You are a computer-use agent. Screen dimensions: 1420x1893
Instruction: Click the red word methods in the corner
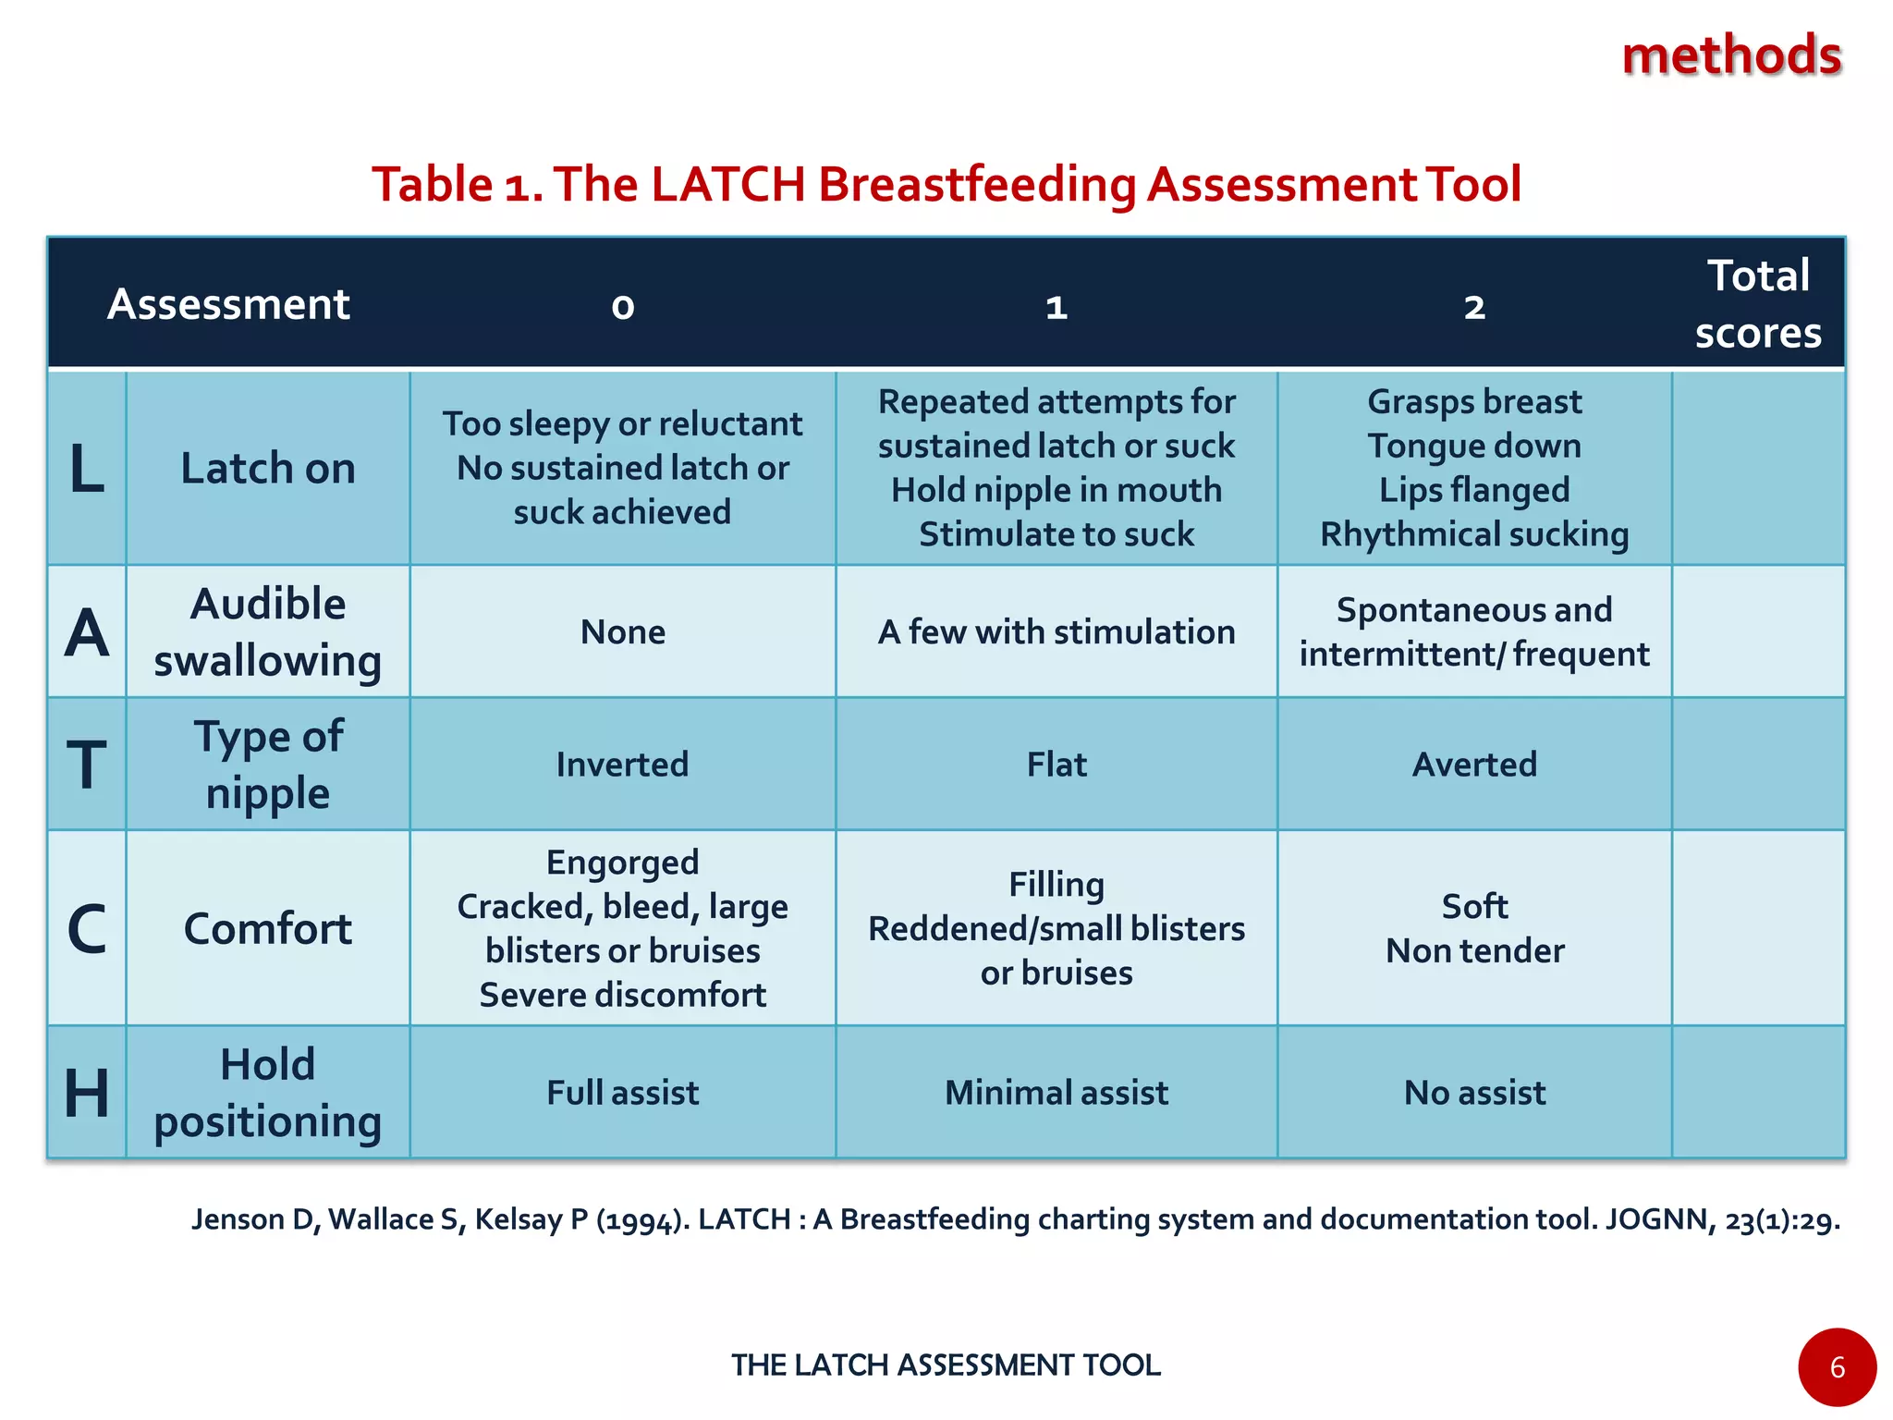[x=1731, y=55]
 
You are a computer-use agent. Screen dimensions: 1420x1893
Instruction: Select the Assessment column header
[x=228, y=304]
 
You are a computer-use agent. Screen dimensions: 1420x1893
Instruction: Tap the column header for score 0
[x=623, y=306]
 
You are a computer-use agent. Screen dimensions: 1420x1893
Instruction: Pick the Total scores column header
[x=1758, y=304]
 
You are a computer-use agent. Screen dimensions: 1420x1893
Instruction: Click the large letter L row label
[x=87, y=469]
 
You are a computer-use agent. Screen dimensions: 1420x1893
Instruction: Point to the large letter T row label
[x=87, y=765]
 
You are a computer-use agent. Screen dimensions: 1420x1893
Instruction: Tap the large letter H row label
[x=87, y=1093]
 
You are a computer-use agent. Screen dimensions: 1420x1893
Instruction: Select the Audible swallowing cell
[x=267, y=632]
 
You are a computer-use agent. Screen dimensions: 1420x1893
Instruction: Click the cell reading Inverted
[x=623, y=765]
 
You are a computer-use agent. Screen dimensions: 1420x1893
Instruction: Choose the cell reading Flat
[x=1056, y=765]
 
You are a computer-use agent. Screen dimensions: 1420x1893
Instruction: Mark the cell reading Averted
[x=1474, y=765]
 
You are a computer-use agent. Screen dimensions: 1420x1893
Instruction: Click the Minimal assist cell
[x=1056, y=1093]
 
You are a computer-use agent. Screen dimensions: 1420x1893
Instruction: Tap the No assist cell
[x=1474, y=1093]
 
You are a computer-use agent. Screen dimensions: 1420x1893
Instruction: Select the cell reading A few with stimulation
[x=1056, y=632]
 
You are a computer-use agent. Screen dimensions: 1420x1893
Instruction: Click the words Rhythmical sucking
[x=1474, y=534]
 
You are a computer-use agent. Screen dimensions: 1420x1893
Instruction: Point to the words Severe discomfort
[x=623, y=995]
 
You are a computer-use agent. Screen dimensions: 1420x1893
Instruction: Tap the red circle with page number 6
[x=1837, y=1367]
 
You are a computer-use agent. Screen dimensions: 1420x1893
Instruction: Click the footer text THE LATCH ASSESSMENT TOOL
[x=946, y=1365]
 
